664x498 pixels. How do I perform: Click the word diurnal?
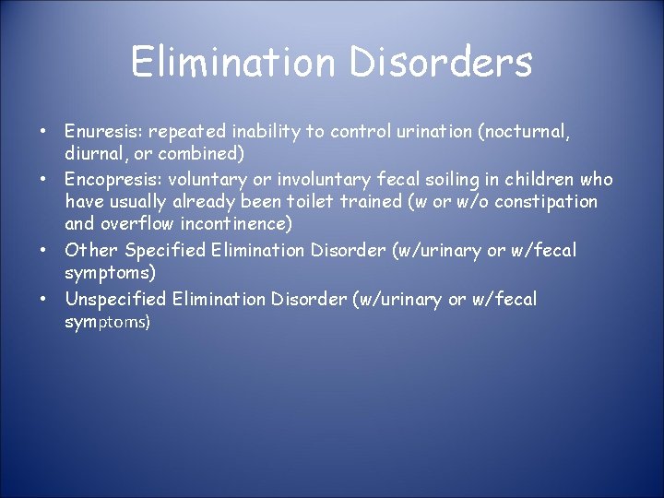(94, 153)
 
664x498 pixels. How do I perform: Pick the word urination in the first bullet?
(434, 132)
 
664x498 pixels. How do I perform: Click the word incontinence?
(235, 224)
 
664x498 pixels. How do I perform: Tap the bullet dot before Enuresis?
(43, 133)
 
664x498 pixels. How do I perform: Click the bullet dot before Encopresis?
(43, 180)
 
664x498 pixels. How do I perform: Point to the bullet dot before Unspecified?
(43, 300)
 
